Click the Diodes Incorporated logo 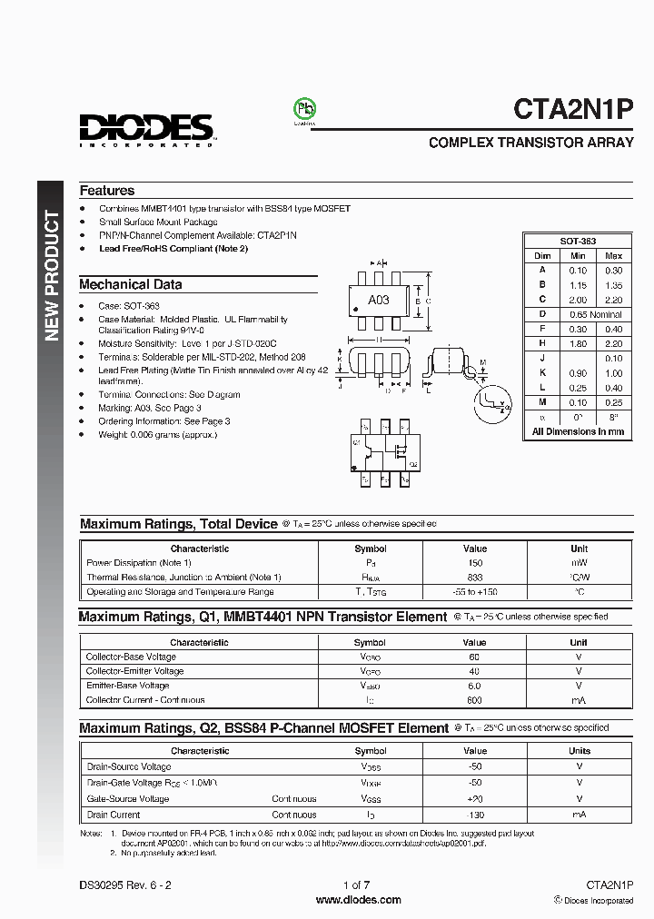click(x=145, y=130)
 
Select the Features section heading click(x=106, y=191)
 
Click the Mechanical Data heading click(x=130, y=284)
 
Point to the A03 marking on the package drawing click(x=378, y=299)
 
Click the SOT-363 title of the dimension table click(x=578, y=242)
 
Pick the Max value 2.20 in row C click(x=613, y=299)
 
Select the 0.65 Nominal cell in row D click(x=595, y=314)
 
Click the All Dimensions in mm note click(x=578, y=431)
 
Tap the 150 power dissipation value click(x=474, y=563)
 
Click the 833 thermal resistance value click(x=474, y=578)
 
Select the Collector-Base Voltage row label click(x=131, y=657)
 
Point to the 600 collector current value click(x=474, y=700)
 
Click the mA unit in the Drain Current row click(x=579, y=815)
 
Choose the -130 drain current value click(x=474, y=815)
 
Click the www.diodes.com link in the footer click(x=358, y=900)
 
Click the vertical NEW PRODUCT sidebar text click(x=52, y=276)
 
